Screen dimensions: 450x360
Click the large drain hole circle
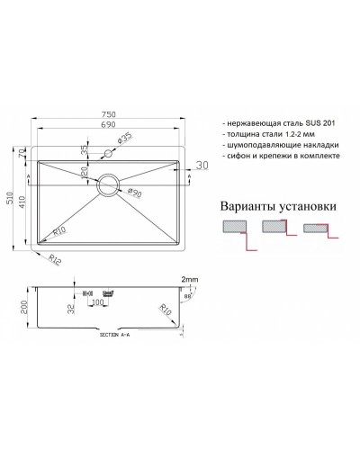[x=108, y=182]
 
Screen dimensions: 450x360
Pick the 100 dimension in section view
[x=97, y=315]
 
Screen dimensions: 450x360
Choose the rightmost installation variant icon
[x=318, y=231]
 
